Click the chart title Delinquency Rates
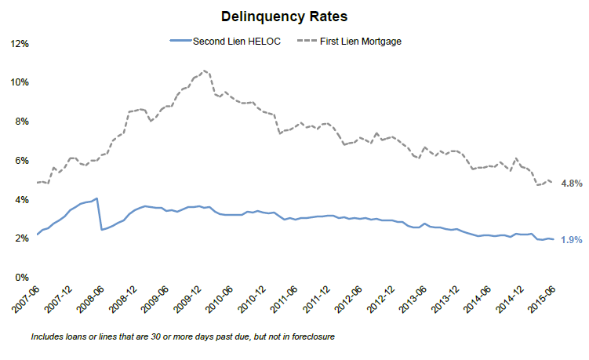(295, 15)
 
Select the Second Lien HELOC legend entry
(227, 41)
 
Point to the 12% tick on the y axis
(19, 44)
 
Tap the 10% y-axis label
(19, 82)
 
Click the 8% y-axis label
(21, 122)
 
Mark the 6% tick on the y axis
(21, 161)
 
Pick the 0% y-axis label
(21, 278)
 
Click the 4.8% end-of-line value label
(572, 184)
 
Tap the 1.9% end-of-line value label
(572, 240)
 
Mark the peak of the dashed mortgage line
(205, 71)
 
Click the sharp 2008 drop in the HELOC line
(100, 213)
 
